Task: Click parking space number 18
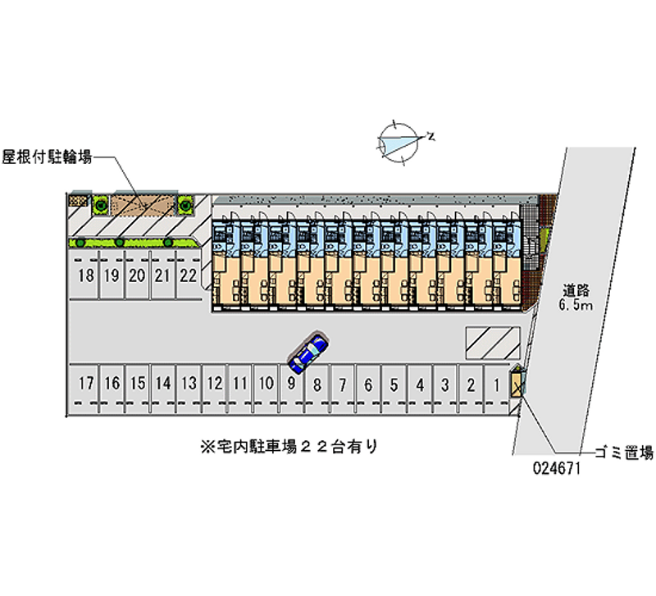point(86,275)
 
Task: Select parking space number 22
point(189,275)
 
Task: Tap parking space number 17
point(86,384)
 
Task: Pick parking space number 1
point(497,384)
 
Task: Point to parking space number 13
point(189,384)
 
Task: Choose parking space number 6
point(368,384)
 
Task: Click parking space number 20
point(137,275)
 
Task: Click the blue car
point(308,353)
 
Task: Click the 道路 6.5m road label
point(576,298)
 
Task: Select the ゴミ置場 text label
point(624,452)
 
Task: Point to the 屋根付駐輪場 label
point(47,157)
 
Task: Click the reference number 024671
point(557,468)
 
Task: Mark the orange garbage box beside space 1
point(517,382)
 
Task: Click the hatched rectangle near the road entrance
point(493,343)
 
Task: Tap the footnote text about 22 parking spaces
point(289,447)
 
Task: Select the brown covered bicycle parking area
point(143,204)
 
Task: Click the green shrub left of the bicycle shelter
point(100,205)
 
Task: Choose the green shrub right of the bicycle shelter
point(186,205)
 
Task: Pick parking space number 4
point(420,384)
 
